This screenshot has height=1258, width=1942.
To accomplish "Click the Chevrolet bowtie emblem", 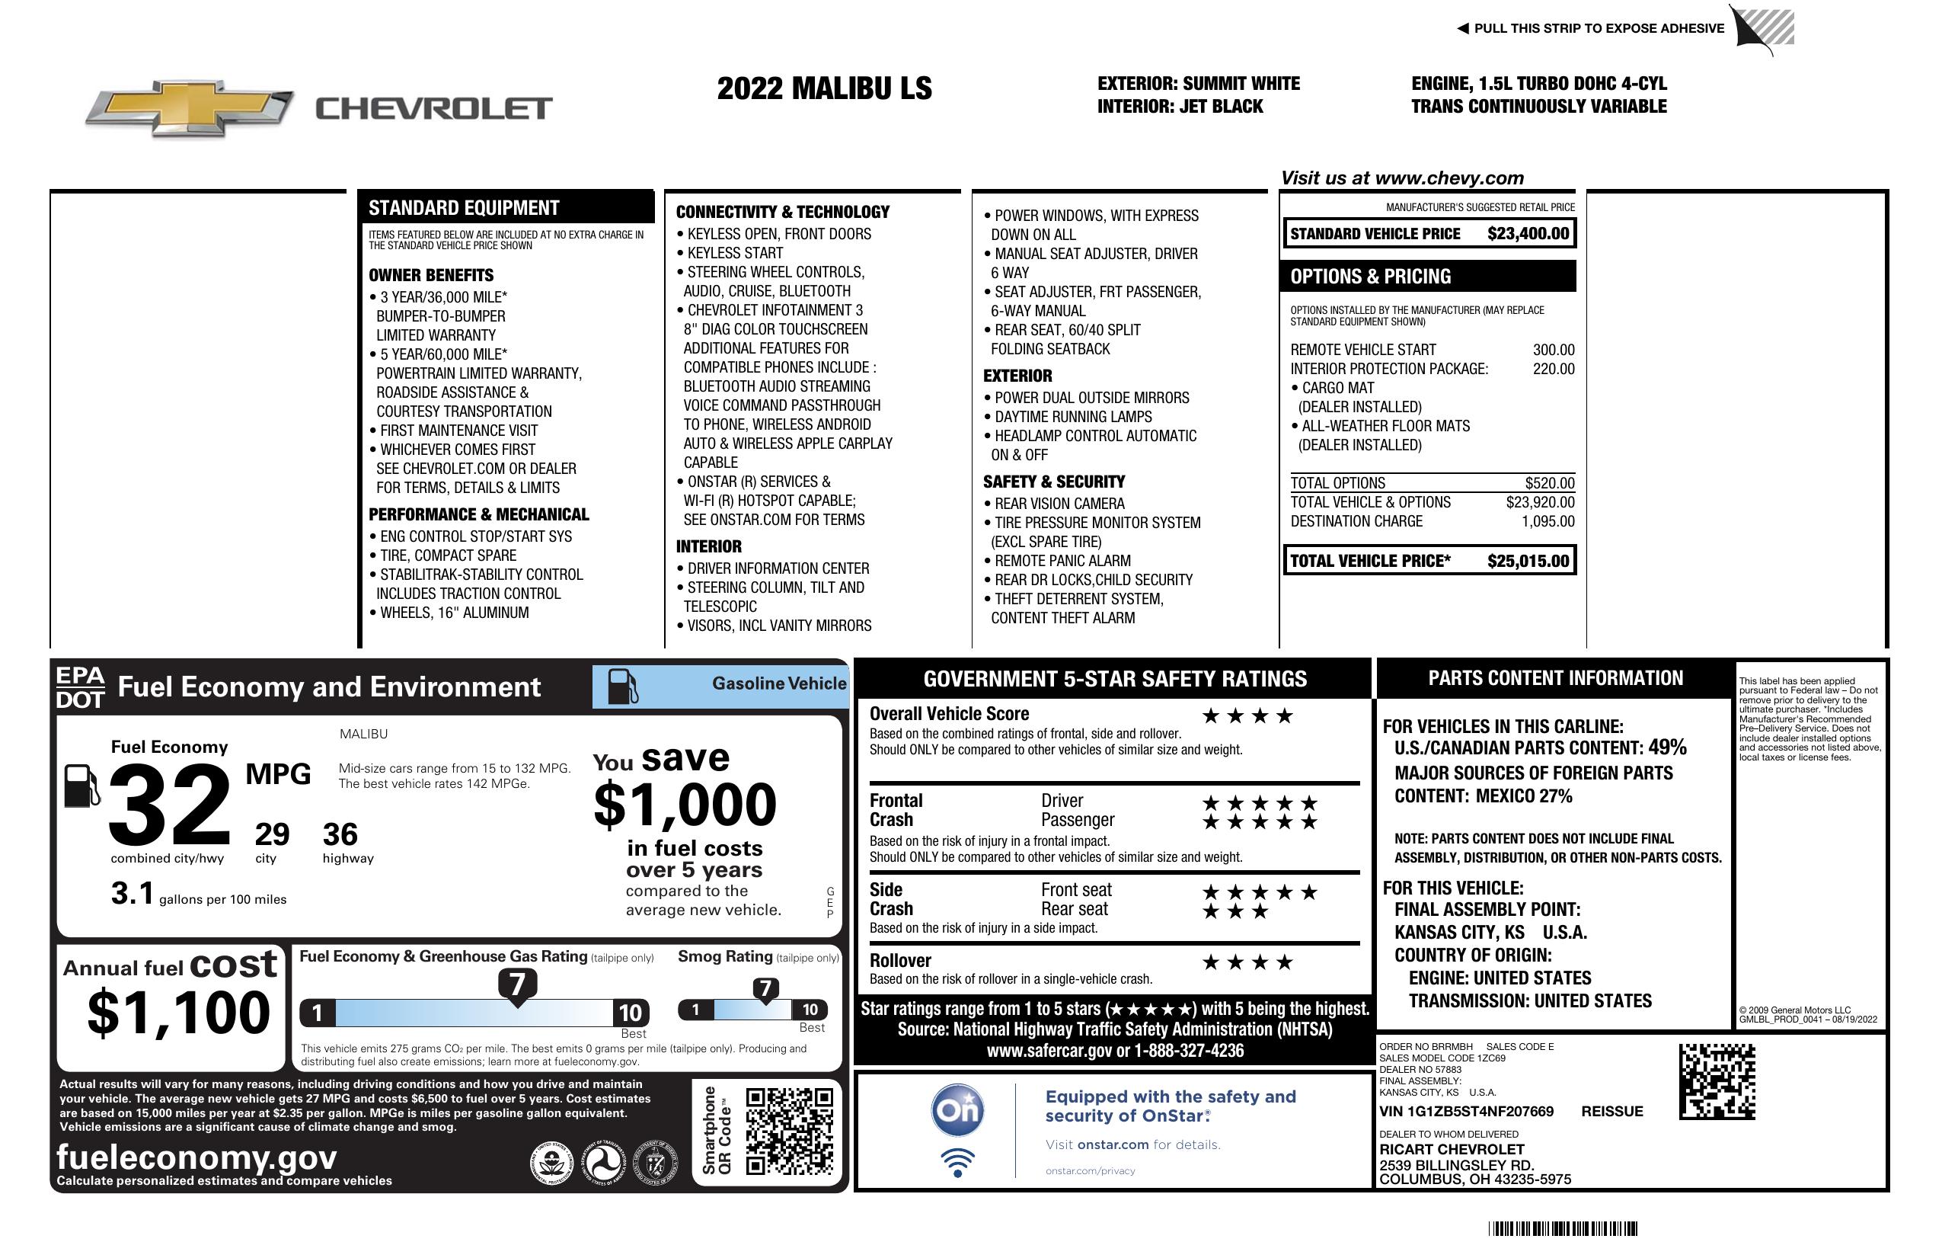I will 190,107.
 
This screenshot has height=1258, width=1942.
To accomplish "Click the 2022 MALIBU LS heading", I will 824,88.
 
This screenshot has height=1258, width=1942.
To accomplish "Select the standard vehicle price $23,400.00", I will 1528,233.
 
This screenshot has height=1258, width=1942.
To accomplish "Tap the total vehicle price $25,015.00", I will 1528,561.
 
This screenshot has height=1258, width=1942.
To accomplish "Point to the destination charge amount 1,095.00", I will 1547,521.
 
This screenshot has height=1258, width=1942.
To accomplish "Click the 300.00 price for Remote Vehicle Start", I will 1553,350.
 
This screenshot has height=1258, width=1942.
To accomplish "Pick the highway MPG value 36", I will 340,834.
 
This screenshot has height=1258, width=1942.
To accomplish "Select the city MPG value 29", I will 272,834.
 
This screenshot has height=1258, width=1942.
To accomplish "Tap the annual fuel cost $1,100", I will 178,1013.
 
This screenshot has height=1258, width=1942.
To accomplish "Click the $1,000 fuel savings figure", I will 685,805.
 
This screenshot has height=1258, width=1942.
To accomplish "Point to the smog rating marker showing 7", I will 765,988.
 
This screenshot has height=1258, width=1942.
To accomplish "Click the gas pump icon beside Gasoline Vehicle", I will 624,687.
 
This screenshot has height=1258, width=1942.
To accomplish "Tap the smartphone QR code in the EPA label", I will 789,1131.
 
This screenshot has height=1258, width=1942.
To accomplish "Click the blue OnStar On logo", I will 957,1110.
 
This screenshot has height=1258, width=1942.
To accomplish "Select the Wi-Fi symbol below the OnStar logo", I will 957,1163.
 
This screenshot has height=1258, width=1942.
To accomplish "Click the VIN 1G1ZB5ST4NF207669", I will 1465,1111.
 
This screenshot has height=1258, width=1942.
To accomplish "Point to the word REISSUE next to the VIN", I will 1611,1111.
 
